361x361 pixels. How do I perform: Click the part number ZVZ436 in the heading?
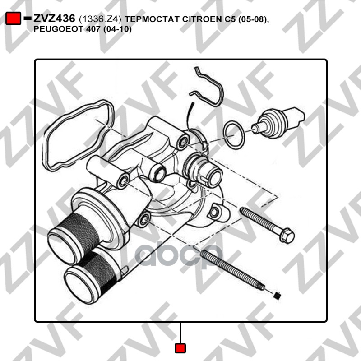(54, 19)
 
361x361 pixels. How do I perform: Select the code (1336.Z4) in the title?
(100, 19)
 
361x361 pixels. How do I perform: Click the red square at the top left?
(13, 19)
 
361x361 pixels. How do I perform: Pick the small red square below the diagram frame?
(180, 348)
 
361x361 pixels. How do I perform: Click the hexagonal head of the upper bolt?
(287, 235)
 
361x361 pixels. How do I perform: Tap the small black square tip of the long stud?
(278, 295)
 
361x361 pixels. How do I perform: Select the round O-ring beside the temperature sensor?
(234, 135)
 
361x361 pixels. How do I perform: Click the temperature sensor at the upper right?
(278, 123)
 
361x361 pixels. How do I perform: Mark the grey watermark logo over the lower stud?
(179, 255)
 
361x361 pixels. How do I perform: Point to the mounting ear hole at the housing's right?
(214, 212)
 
